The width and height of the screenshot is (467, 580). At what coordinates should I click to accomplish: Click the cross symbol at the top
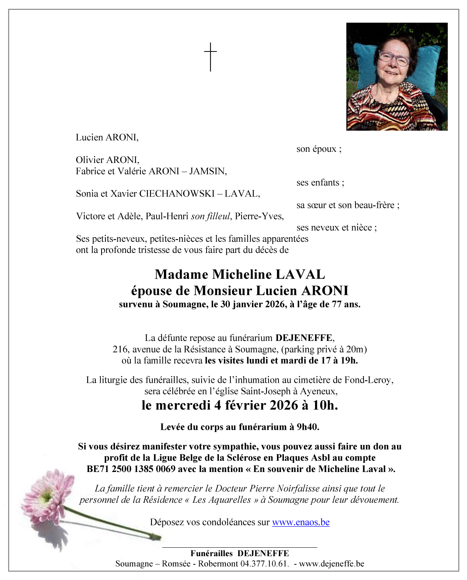(x=210, y=57)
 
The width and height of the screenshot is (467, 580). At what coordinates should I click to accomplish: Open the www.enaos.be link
(x=300, y=522)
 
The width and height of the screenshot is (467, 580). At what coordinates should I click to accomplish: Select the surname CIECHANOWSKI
(x=177, y=194)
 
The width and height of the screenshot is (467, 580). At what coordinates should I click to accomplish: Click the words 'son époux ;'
(x=319, y=149)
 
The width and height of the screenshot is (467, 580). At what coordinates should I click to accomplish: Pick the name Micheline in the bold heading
(x=242, y=274)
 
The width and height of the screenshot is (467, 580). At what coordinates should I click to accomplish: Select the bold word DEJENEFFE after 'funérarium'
(x=304, y=338)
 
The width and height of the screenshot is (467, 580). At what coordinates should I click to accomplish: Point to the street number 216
(x=120, y=349)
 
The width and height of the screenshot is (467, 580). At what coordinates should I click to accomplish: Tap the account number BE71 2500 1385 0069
(x=131, y=469)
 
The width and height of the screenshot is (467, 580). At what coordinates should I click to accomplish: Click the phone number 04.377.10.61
(x=264, y=564)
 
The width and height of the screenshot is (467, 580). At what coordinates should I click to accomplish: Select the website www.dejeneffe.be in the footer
(x=331, y=564)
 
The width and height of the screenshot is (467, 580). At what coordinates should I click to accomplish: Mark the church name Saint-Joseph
(x=265, y=391)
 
